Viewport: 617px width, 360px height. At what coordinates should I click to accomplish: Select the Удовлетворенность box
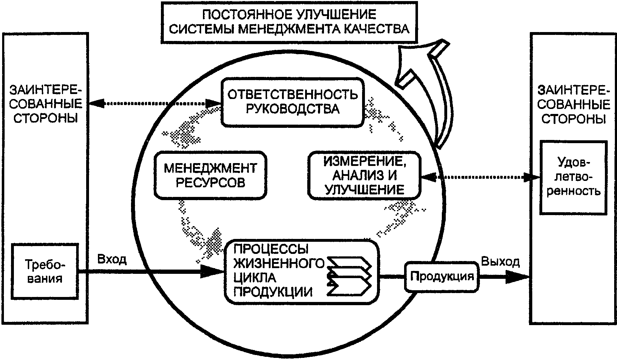pyautogui.click(x=573, y=177)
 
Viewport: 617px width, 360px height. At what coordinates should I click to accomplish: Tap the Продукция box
pyautogui.click(x=442, y=276)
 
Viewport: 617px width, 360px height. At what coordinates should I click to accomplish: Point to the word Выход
pyautogui.click(x=500, y=262)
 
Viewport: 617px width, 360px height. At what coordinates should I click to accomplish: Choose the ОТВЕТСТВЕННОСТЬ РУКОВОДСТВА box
pyautogui.click(x=293, y=102)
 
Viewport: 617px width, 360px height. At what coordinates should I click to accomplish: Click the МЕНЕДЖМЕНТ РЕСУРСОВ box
pyautogui.click(x=210, y=175)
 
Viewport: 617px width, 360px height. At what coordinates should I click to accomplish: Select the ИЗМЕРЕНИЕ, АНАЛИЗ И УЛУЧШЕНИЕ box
pyautogui.click(x=364, y=176)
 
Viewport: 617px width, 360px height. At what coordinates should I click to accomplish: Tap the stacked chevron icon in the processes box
pyautogui.click(x=349, y=276)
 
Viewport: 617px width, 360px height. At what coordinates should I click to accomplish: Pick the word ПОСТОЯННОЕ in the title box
pyautogui.click(x=246, y=15)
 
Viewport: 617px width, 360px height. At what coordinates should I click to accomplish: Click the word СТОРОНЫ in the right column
pyautogui.click(x=574, y=119)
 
